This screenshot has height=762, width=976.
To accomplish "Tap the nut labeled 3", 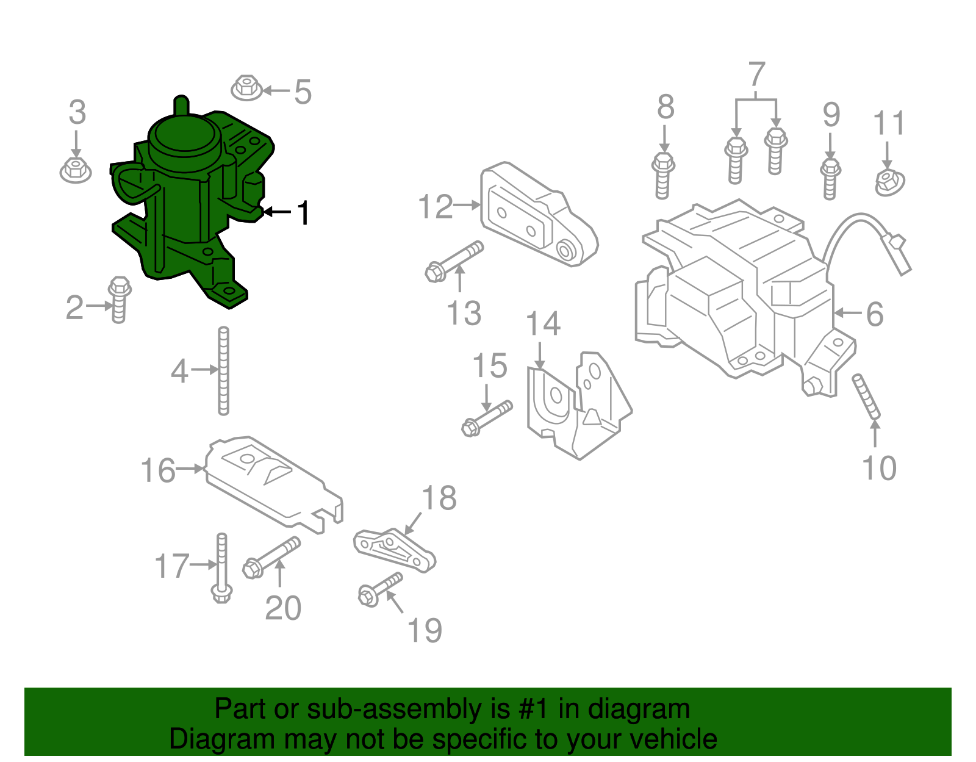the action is coord(76,170).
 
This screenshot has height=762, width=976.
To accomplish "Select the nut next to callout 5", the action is coord(246,88).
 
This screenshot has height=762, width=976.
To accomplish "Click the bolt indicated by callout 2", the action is coord(120,300).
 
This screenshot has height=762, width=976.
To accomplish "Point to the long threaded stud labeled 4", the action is coord(223,371).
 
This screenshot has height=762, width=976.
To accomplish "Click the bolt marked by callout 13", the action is coord(454,261).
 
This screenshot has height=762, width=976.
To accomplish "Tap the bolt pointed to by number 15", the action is coord(487,418).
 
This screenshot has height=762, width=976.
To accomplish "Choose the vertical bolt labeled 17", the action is coord(221,568).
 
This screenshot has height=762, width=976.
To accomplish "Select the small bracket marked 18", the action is coord(394,551).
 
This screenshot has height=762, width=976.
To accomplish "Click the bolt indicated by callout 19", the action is coord(380,590).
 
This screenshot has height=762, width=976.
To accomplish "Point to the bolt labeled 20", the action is coord(271,558).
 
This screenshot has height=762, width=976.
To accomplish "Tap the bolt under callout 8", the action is coord(663,176).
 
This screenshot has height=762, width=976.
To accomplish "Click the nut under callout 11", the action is coord(890,182).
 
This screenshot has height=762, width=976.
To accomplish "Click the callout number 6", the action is coord(875,314).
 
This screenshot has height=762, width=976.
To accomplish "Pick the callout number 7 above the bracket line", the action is coord(756,74).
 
